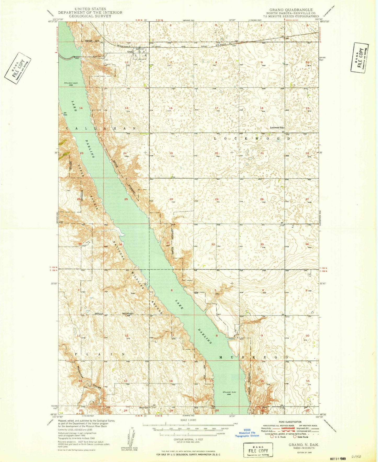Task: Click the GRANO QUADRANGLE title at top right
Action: pyautogui.click(x=291, y=10)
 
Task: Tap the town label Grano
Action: pyautogui.click(x=130, y=52)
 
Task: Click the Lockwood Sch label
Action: pyautogui.click(x=277, y=128)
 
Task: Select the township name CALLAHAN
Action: pyautogui.click(x=101, y=129)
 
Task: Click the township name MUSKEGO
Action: pyautogui.click(x=253, y=357)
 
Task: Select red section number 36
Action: pyautogui.click(x=121, y=244)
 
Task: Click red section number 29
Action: pyautogui.click(x=216, y=199)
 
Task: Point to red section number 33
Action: pyautogui.click(x=262, y=244)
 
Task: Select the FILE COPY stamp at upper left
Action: pyautogui.click(x=18, y=68)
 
